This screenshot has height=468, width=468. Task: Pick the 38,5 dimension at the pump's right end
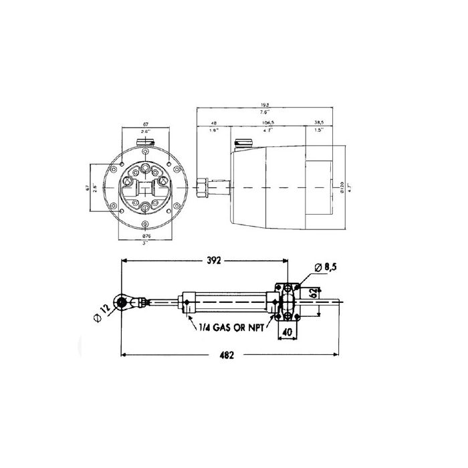(x=318, y=123)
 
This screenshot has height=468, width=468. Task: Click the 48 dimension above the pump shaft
(x=214, y=123)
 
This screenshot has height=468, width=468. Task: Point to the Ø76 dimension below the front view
(x=147, y=237)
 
